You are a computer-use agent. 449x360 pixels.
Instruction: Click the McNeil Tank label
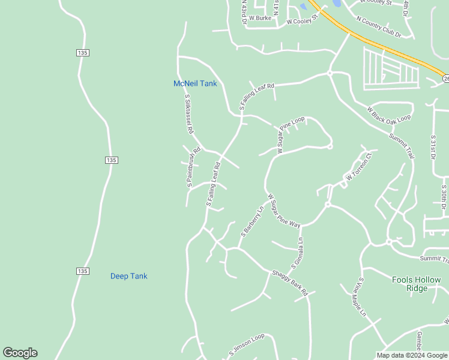coord(195,83)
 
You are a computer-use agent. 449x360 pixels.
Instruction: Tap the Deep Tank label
coord(128,276)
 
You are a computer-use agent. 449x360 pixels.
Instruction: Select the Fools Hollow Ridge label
coord(417,284)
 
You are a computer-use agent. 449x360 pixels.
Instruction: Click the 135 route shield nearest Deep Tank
coord(83,271)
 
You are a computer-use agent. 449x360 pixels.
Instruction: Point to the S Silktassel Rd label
coord(188,113)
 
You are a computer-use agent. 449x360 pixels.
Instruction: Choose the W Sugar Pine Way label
coord(283,211)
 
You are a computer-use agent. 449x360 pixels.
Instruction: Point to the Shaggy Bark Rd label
coord(289,283)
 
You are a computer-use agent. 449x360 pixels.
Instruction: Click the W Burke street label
coord(260,18)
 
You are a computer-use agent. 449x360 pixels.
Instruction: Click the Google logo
coord(20,353)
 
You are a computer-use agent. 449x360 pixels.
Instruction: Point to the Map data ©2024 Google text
coord(412,355)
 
